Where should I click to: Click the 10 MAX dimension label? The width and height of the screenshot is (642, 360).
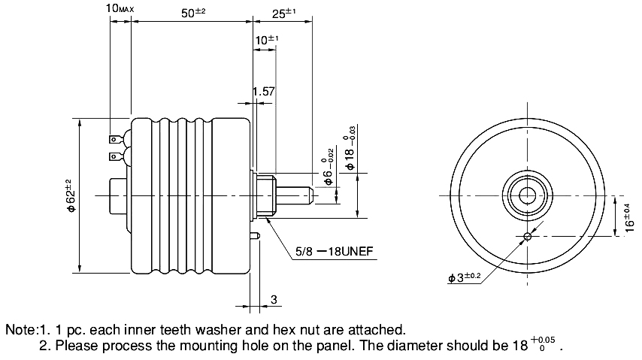coord(120,8)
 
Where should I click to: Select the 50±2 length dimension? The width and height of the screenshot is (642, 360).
coord(193,13)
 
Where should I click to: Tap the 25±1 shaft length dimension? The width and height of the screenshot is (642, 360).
coord(283,13)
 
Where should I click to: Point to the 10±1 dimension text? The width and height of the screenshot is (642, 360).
coord(267,40)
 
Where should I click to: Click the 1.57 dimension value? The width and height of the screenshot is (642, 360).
coord(263,92)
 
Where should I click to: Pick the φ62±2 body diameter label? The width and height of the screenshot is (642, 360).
coord(71,195)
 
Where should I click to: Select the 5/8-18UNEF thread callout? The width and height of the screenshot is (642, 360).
coord(335,251)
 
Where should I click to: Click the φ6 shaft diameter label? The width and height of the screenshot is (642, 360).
coord(329,167)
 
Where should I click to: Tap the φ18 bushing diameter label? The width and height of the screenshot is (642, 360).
coord(350,148)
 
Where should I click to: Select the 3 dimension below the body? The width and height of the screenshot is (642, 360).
coord(274,299)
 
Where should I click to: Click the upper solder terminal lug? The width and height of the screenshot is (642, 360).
coord(116,140)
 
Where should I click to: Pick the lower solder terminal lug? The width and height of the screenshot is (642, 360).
coord(116,156)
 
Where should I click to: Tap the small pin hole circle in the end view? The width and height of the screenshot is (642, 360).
coord(528,236)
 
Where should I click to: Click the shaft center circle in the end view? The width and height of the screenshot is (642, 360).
coord(528,195)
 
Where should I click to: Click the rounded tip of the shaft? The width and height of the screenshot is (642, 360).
coord(310,195)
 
